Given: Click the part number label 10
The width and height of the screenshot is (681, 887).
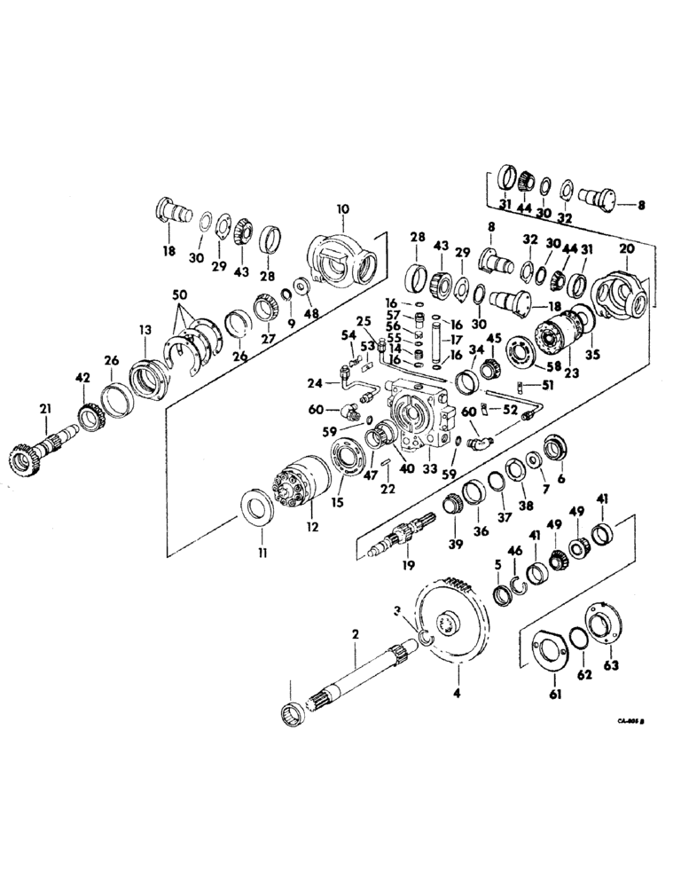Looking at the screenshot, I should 343,209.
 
